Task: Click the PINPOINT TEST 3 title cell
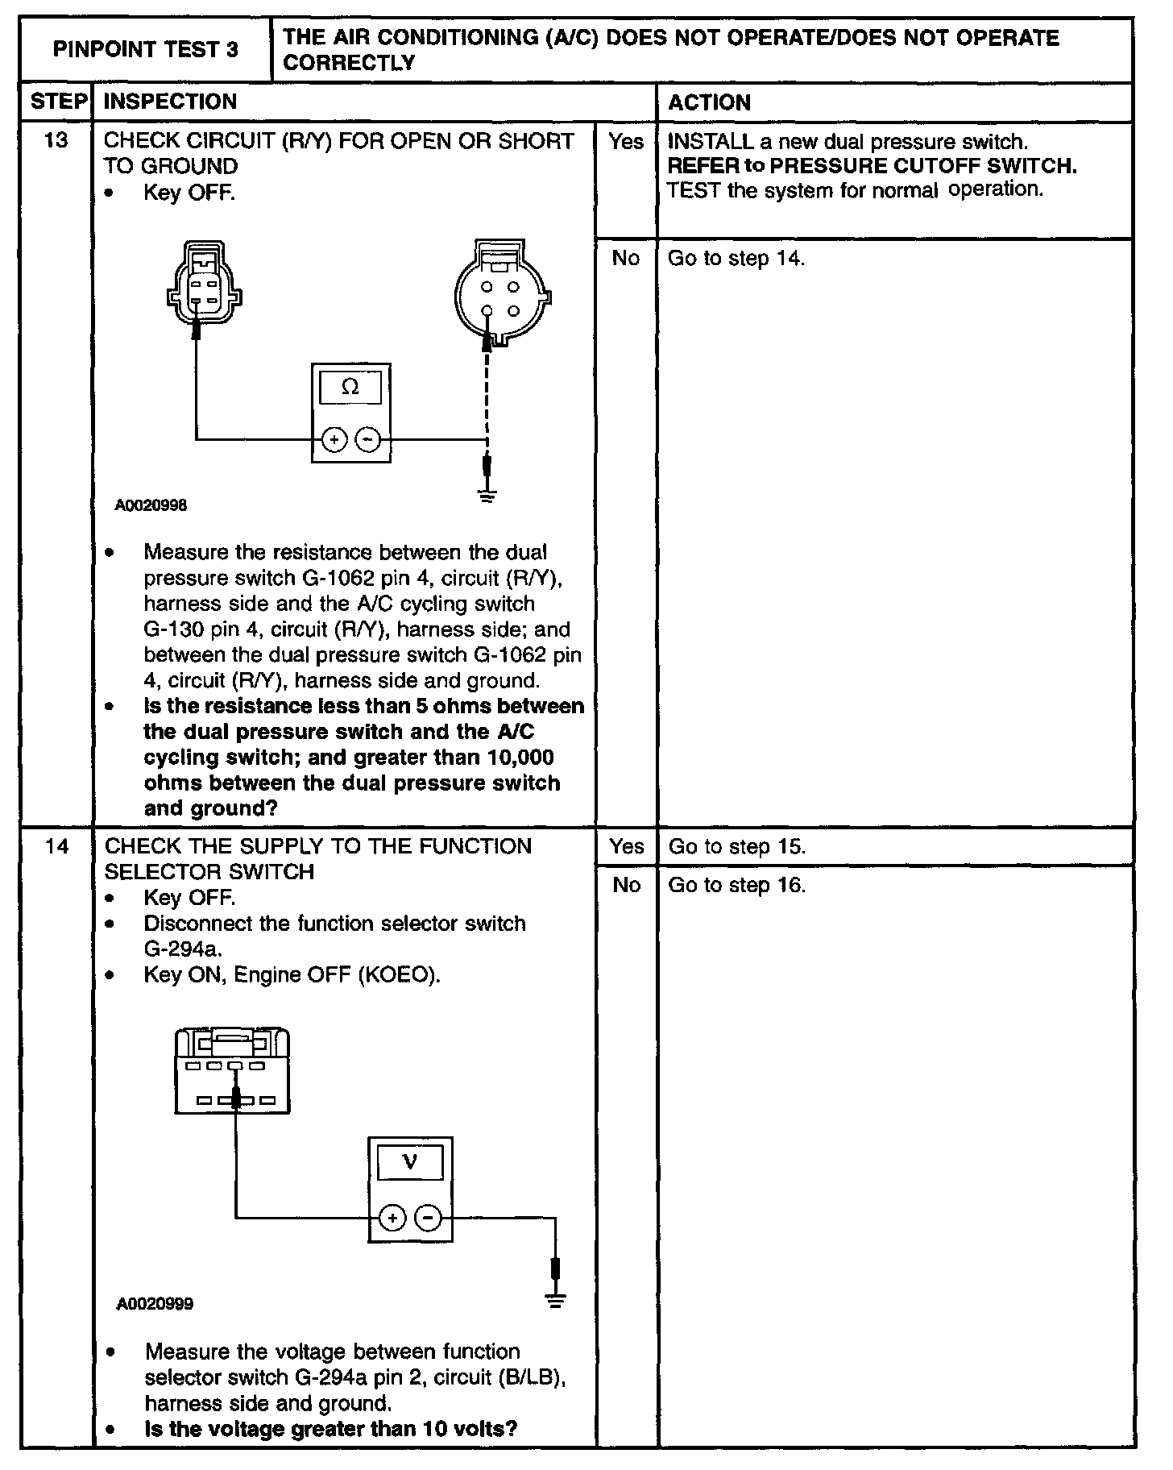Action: (146, 50)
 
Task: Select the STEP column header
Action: (58, 102)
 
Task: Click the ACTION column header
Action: (709, 102)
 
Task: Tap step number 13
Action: (56, 140)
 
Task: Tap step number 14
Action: (57, 846)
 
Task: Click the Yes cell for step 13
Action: (626, 142)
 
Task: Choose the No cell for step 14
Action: (626, 885)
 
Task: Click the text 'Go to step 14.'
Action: (736, 258)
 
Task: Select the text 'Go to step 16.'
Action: (737, 885)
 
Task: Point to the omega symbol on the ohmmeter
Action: (350, 388)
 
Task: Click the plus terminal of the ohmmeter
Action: (334, 440)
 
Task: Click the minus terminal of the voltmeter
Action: (429, 1218)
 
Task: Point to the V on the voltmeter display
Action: (410, 1163)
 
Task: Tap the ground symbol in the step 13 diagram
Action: (487, 494)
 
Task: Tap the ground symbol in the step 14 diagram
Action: (555, 1300)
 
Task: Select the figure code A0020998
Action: (151, 505)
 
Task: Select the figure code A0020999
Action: (155, 1304)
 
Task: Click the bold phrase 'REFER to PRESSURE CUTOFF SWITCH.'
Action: (872, 166)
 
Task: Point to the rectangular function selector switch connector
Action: (232, 1072)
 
